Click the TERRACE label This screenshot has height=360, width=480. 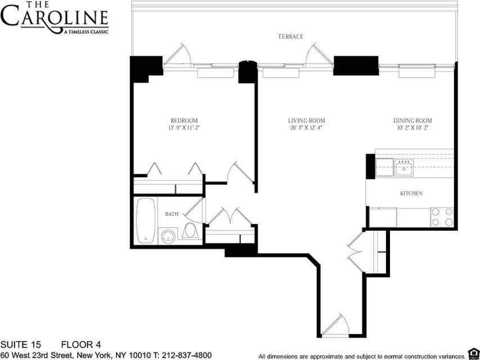[290, 37]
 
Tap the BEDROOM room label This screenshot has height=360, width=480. [184, 120]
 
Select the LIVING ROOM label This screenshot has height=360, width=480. [306, 120]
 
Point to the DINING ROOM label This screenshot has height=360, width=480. [412, 120]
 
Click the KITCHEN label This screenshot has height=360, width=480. [411, 193]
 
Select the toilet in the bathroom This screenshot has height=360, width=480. [190, 231]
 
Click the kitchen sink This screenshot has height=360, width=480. [403, 167]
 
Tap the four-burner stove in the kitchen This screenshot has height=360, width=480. [442, 217]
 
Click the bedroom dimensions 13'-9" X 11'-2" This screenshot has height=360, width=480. [184, 128]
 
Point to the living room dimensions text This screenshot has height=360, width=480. [306, 128]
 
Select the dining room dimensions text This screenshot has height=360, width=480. [412, 128]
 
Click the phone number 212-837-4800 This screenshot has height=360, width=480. [188, 355]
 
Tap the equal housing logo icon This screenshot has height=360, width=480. [473, 354]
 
